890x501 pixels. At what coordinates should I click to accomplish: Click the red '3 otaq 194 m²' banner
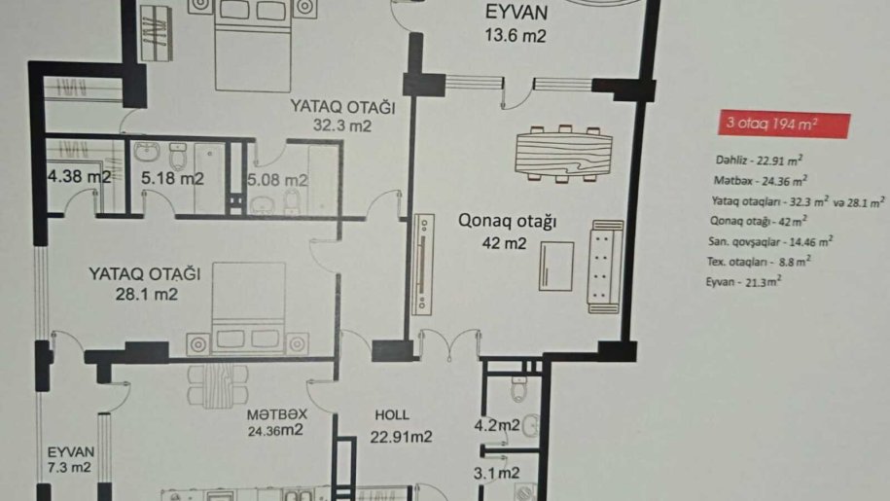(784, 125)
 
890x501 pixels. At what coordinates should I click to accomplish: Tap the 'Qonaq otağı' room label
(507, 220)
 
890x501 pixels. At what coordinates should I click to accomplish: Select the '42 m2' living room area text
(504, 243)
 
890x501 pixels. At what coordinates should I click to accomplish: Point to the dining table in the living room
(563, 153)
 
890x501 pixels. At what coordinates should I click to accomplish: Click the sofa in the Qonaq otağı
(606, 267)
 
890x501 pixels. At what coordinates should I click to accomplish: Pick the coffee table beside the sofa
(556, 267)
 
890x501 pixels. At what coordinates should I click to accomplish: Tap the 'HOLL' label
(392, 414)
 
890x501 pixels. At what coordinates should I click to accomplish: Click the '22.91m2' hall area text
(401, 437)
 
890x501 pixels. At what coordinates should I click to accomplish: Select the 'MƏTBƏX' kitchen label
(276, 414)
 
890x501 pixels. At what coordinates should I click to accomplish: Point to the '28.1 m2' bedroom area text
(147, 294)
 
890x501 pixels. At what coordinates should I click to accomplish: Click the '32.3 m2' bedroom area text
(342, 125)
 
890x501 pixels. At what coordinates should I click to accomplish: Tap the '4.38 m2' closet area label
(80, 176)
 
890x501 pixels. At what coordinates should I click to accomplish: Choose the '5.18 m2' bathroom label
(172, 178)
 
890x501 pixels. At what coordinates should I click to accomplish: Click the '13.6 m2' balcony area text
(516, 36)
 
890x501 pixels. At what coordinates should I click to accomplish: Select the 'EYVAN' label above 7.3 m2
(70, 452)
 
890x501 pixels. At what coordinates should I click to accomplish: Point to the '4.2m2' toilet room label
(497, 424)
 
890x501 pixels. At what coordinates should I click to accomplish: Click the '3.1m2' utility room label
(497, 473)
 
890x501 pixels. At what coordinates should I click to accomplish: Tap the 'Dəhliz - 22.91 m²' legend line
(759, 160)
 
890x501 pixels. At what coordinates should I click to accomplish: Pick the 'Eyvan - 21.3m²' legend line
(743, 281)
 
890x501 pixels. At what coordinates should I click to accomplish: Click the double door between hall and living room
(449, 343)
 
